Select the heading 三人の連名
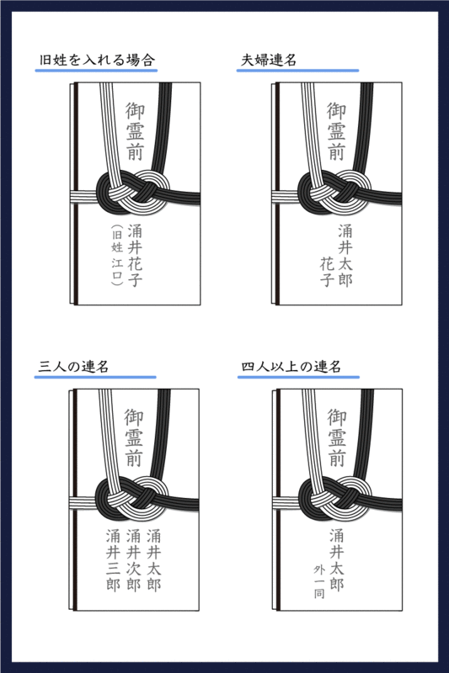pyautogui.click(x=73, y=367)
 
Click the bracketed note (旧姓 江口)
pyautogui.click(x=116, y=255)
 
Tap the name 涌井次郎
pyautogui.click(x=134, y=559)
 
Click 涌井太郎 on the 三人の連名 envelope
pyautogui.click(x=154, y=559)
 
